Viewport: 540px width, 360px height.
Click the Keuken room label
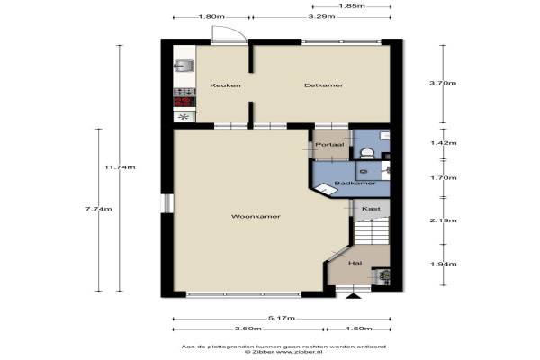tap(225, 85)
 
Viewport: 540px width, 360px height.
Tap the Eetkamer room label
tap(324, 85)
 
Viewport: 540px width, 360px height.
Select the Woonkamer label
tap(256, 216)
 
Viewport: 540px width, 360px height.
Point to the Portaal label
tap(329, 145)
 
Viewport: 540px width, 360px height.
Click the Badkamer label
tap(355, 184)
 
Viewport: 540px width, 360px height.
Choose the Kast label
tap(371, 209)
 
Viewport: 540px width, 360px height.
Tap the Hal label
tap(355, 263)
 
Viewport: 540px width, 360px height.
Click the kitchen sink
tap(184, 66)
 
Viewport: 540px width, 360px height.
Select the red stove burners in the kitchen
tap(184, 102)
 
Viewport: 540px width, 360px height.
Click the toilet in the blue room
tap(367, 153)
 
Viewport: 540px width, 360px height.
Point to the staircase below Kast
tap(372, 231)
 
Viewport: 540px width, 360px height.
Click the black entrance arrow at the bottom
tap(352, 296)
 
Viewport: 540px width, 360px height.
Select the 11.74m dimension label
tap(120, 167)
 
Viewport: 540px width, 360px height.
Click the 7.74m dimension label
tap(98, 209)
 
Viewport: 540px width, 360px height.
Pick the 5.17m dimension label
tap(282, 318)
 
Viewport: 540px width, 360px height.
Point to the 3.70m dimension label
tap(443, 83)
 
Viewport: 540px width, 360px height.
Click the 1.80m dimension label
tap(211, 16)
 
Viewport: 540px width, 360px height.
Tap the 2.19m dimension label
tap(443, 220)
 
